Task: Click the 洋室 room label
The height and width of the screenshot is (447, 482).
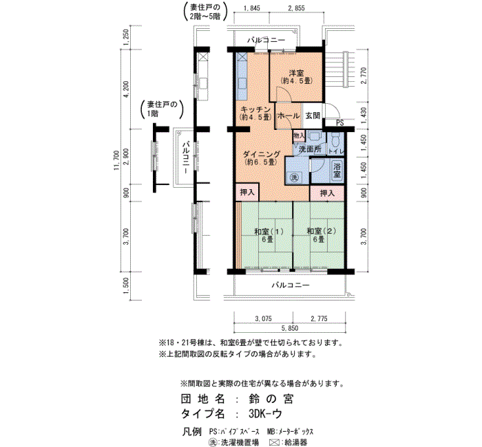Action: click(x=296, y=74)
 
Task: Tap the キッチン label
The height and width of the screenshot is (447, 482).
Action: click(x=255, y=110)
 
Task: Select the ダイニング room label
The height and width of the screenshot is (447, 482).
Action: click(x=262, y=154)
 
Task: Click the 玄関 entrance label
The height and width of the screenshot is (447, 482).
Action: click(x=313, y=116)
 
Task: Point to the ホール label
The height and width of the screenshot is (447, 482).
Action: click(x=289, y=116)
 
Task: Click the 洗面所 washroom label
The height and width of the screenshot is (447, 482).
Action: click(x=310, y=149)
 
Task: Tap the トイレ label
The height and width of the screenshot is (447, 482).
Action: click(x=336, y=151)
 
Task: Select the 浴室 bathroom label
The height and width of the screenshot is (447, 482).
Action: click(x=337, y=170)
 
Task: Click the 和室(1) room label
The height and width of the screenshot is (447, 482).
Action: click(x=269, y=231)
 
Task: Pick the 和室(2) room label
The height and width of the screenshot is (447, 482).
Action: click(x=322, y=231)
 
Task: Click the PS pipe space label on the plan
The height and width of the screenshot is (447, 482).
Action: click(x=339, y=123)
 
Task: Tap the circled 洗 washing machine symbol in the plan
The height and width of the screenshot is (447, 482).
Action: click(x=295, y=177)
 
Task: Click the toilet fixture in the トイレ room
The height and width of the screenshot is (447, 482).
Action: click(x=335, y=139)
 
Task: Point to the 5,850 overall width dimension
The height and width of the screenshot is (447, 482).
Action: click(x=290, y=328)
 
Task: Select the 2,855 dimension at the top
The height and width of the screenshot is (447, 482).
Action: click(x=296, y=8)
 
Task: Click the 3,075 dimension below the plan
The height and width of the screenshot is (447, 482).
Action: click(x=264, y=318)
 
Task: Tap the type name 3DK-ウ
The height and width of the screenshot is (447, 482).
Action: click(x=265, y=414)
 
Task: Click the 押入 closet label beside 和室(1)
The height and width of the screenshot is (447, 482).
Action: click(x=247, y=193)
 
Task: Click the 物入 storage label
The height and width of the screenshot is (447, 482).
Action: click(x=299, y=135)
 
